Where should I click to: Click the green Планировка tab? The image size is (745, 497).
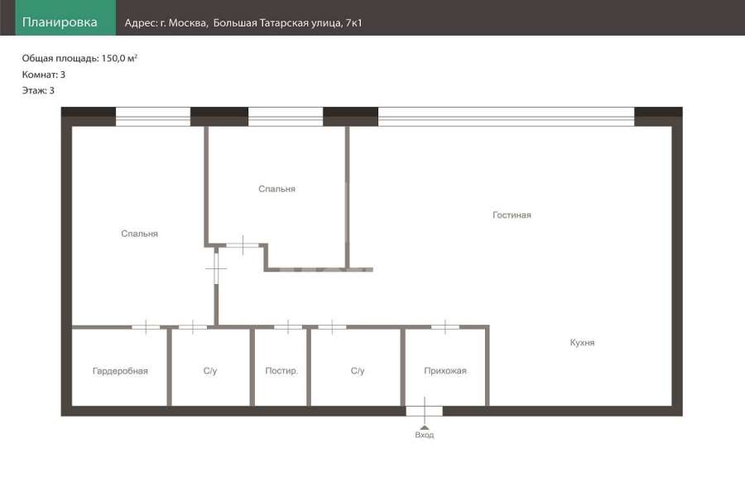point(65,17)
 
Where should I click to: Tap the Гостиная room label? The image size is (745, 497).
point(512,215)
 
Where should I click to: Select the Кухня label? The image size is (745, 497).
point(582,342)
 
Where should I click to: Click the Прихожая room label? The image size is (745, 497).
point(445,370)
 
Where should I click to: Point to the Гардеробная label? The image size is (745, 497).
point(120,371)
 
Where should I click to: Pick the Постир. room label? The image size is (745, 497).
point(281,370)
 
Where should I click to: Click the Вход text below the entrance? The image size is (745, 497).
point(425,435)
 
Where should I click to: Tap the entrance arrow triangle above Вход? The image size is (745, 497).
point(425,427)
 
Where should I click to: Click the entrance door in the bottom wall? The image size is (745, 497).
point(425,411)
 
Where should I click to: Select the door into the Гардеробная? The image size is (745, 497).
point(146,326)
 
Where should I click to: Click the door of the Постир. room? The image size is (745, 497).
point(288,326)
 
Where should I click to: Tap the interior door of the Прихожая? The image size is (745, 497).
point(445,326)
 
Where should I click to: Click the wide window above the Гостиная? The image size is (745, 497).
point(506,117)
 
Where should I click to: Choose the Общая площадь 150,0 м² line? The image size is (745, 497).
point(79,58)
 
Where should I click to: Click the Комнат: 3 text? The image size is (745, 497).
point(43,75)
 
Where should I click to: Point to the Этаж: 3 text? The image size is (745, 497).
point(38,90)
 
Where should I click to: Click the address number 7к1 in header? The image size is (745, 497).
point(354,23)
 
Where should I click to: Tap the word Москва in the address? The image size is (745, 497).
point(188,23)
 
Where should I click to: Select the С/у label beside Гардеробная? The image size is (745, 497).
point(210,371)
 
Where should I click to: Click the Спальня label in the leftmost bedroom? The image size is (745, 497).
point(139,234)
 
